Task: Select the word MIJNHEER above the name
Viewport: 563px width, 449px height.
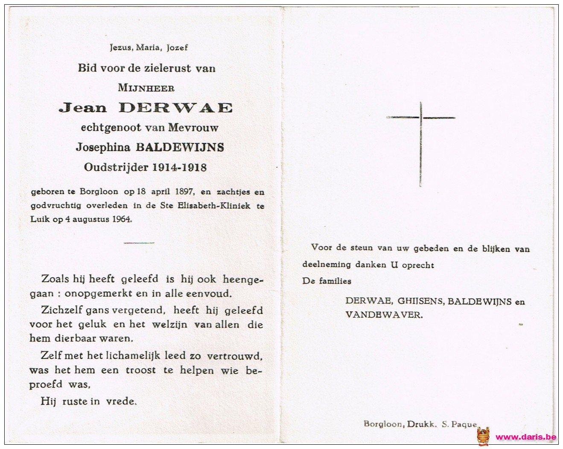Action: point(146,88)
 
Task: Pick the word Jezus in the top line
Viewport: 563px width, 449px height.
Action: point(120,47)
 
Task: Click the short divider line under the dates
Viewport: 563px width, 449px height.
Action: point(139,243)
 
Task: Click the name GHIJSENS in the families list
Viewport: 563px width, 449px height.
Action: point(421,301)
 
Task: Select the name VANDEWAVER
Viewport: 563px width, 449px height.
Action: point(384,315)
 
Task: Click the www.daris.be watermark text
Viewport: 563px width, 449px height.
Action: point(525,437)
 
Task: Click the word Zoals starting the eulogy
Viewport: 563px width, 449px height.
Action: point(55,279)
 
